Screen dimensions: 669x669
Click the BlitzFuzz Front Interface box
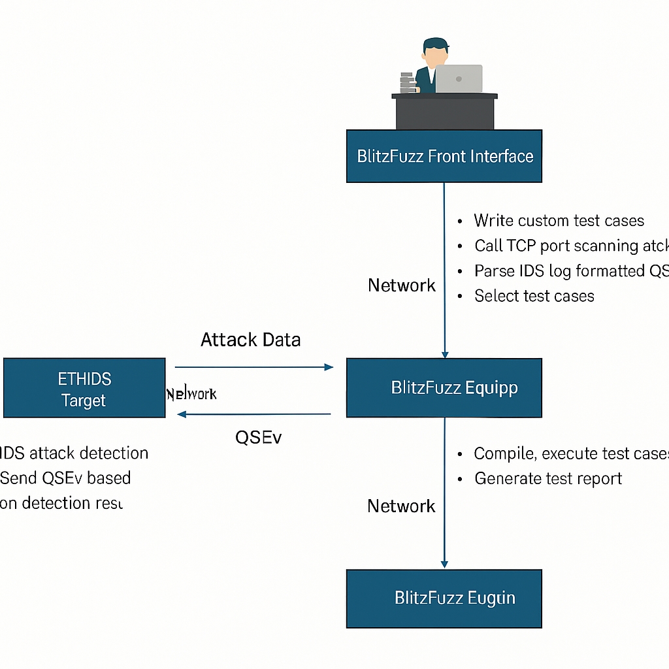tap(444, 156)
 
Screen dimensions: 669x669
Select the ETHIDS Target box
tap(84, 388)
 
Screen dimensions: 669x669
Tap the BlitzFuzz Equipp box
tap(444, 387)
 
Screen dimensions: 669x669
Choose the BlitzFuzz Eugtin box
tap(444, 598)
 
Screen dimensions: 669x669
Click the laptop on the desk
tap(459, 78)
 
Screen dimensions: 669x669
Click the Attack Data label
tap(250, 340)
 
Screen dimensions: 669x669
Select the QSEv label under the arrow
tap(258, 437)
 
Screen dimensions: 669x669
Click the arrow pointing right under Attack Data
tap(255, 367)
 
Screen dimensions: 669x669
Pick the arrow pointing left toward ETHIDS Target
tap(255, 414)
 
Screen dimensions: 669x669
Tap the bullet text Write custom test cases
tap(559, 221)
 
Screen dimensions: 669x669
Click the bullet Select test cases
tap(534, 296)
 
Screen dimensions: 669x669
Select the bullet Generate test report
tap(547, 478)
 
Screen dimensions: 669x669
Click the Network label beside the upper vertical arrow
tap(401, 285)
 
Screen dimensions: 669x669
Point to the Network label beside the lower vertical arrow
tap(400, 506)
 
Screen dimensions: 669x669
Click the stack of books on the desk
tap(407, 82)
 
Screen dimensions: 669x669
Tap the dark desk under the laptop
tap(444, 113)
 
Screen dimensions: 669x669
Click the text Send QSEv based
tap(65, 478)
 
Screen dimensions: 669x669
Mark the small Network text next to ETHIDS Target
tap(191, 394)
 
